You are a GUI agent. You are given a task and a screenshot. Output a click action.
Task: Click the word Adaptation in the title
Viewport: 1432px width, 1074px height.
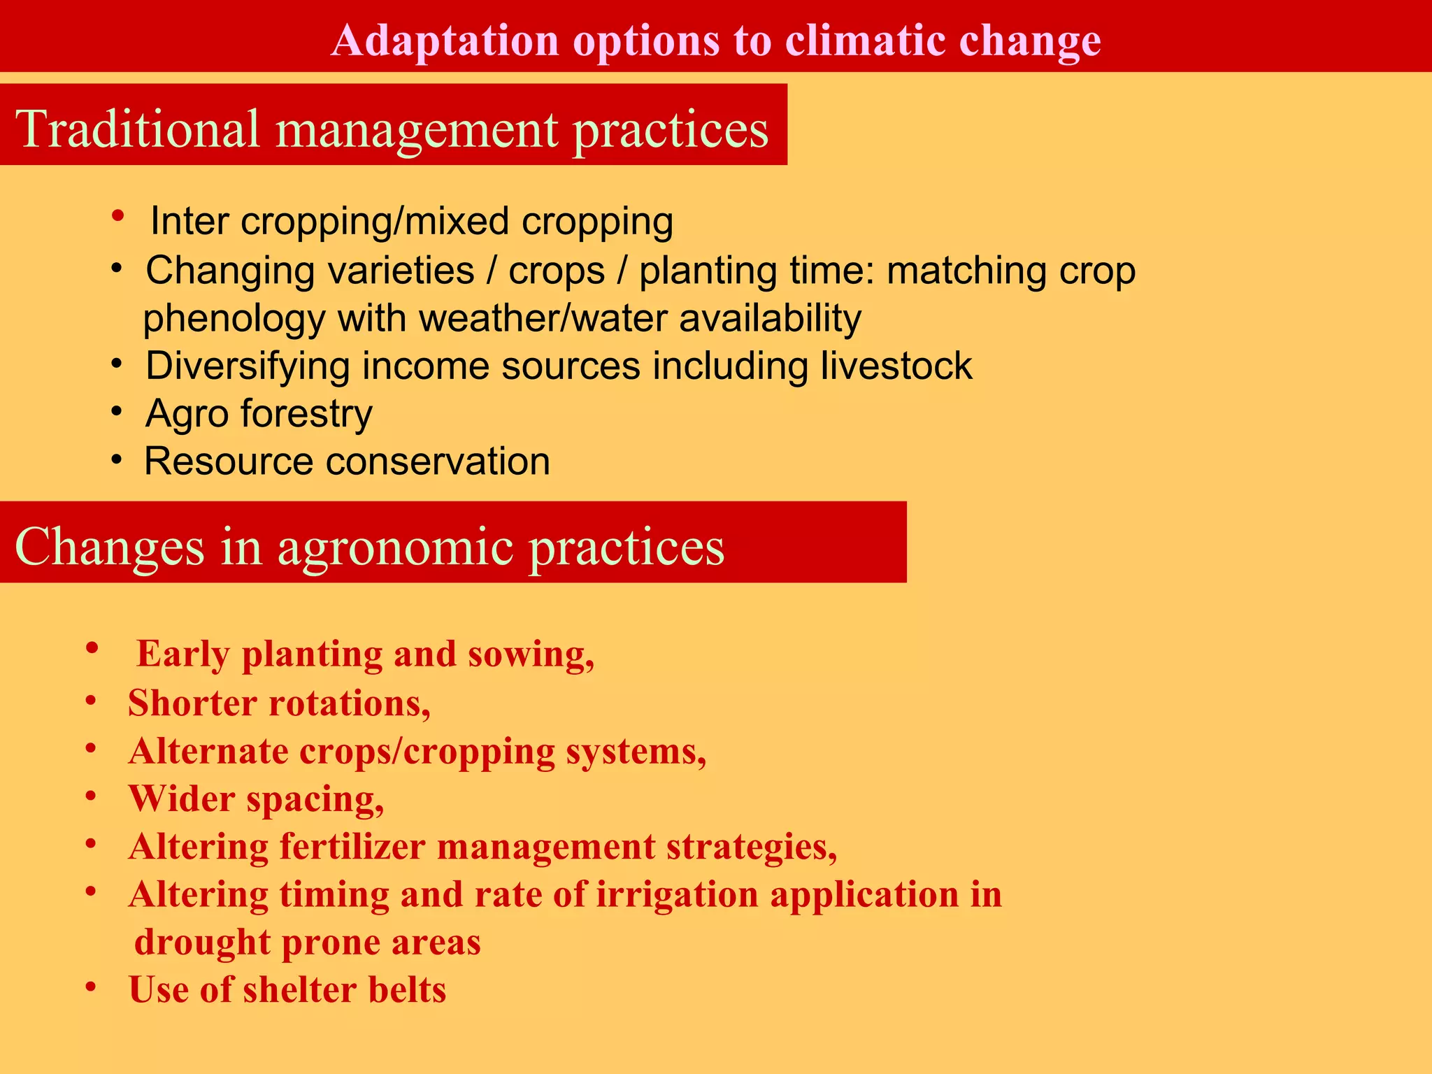click(445, 40)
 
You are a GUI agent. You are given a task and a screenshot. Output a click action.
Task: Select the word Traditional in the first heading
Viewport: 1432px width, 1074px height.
click(137, 129)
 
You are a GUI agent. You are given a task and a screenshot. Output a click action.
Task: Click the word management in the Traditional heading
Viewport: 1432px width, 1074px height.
click(417, 130)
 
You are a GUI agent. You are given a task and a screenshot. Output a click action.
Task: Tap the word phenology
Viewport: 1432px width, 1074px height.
click(234, 319)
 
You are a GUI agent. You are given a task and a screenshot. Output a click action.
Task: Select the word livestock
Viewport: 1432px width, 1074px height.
click(896, 366)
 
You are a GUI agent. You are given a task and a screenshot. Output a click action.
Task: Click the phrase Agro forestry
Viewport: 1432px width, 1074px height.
click(259, 414)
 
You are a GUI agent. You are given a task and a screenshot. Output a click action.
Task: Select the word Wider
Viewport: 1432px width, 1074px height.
click(182, 799)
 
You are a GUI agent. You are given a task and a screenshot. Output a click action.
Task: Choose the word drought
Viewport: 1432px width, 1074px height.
click(202, 943)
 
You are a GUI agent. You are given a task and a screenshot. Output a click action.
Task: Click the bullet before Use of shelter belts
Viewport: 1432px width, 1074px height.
click(90, 987)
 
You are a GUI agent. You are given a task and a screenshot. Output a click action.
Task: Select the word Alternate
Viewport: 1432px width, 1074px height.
click(208, 752)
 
